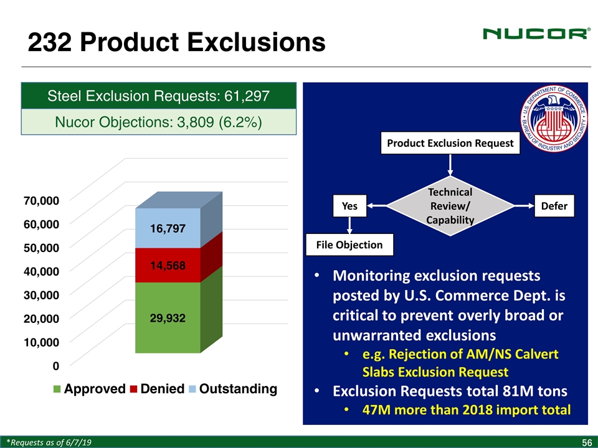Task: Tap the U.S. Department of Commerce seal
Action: point(554,118)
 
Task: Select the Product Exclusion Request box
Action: point(450,143)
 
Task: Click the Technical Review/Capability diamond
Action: point(450,206)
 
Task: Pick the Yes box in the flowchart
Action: point(349,206)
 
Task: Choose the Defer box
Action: point(554,206)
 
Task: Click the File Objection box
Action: point(349,245)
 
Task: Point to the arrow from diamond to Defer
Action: point(524,206)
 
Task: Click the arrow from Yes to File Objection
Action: point(349,225)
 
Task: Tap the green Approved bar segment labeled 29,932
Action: point(168,318)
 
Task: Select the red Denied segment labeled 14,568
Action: point(168,265)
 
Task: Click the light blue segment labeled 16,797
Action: point(168,228)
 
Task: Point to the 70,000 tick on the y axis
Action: point(42,200)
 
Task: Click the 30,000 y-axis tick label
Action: point(42,295)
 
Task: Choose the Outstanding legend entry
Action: point(233,388)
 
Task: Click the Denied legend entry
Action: point(157,388)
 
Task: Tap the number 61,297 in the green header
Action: point(247,96)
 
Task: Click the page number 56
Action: point(587,442)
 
